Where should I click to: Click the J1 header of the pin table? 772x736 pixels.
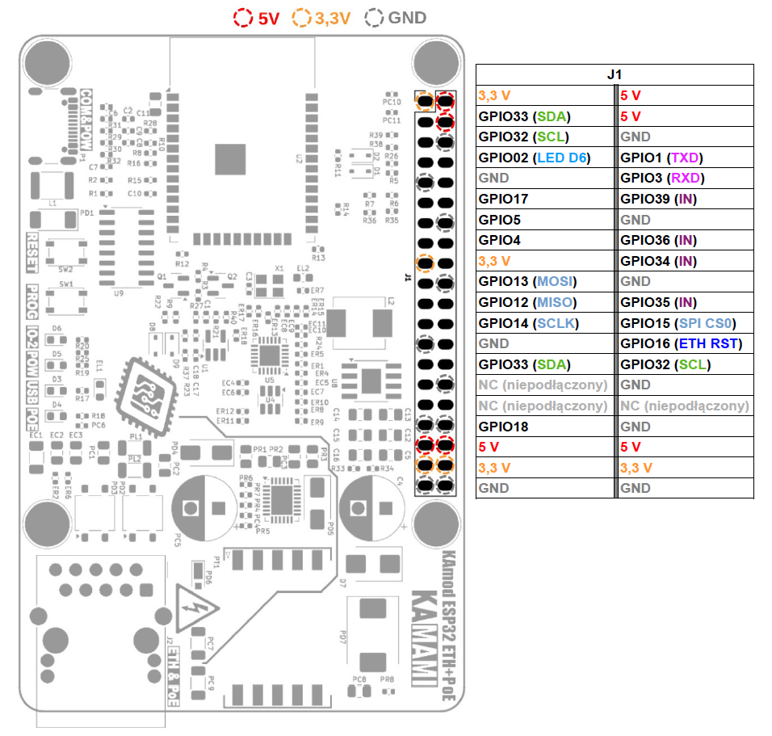615,74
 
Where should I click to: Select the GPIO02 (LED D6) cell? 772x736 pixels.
534,158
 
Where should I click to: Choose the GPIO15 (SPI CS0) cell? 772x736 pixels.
678,323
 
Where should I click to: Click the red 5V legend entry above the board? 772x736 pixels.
256,18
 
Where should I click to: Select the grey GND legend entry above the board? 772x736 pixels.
396,18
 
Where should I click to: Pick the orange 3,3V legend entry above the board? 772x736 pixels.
322,18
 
